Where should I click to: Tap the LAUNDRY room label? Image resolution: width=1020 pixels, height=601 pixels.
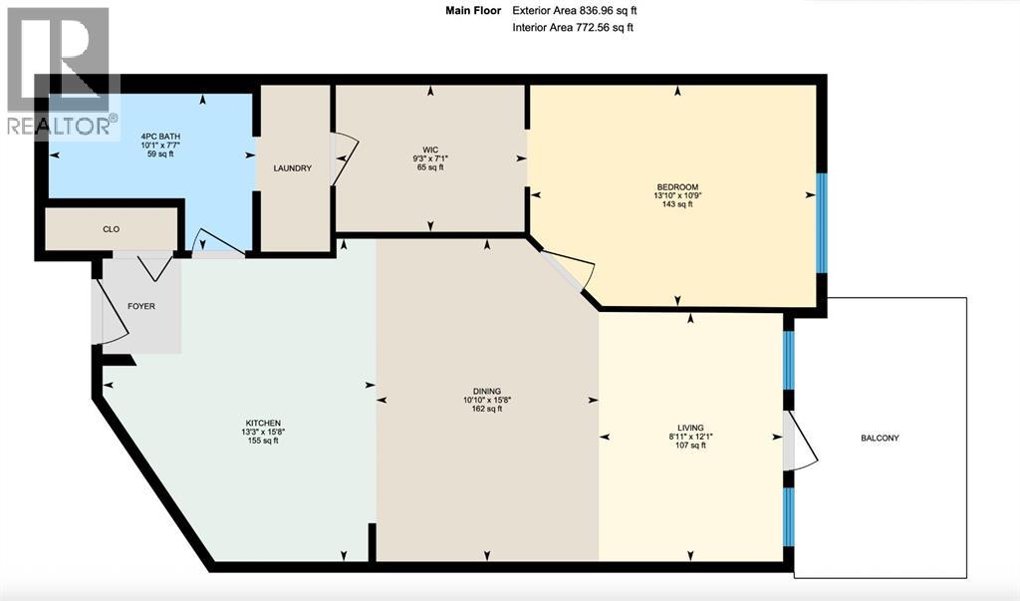click(292, 168)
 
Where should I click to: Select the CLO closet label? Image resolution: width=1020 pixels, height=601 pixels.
click(112, 229)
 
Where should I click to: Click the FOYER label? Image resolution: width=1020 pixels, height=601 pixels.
click(141, 306)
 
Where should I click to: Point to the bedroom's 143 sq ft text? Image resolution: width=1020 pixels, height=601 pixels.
click(676, 204)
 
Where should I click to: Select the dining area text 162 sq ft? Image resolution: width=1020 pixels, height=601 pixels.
click(487, 409)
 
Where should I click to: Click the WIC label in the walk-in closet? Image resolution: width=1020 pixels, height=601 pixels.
click(430, 150)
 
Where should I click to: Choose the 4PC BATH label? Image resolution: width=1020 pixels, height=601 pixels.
click(159, 136)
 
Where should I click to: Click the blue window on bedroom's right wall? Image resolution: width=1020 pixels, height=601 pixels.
click(822, 222)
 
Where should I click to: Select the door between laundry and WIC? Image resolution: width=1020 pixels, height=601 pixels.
click(341, 160)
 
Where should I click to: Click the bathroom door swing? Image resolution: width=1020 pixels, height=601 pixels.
click(213, 244)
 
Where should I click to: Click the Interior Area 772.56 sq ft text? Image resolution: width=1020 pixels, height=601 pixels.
click(572, 28)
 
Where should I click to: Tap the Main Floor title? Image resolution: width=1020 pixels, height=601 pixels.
click(471, 10)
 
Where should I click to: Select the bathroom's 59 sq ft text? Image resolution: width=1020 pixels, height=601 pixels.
click(159, 155)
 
